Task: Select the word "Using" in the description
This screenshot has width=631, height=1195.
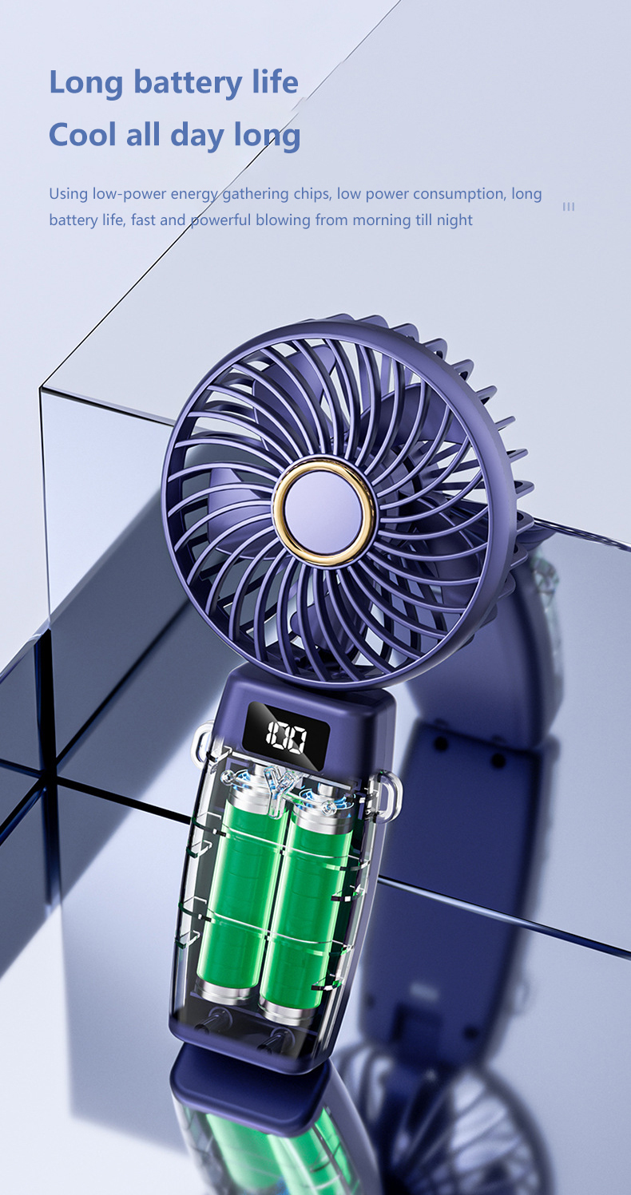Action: [x=67, y=194]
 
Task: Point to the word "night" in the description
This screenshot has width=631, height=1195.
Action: [x=454, y=220]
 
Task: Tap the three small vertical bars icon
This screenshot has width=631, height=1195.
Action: [x=569, y=207]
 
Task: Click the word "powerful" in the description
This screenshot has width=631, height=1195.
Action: [x=220, y=220]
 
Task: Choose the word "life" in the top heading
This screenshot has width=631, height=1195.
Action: [x=274, y=83]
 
